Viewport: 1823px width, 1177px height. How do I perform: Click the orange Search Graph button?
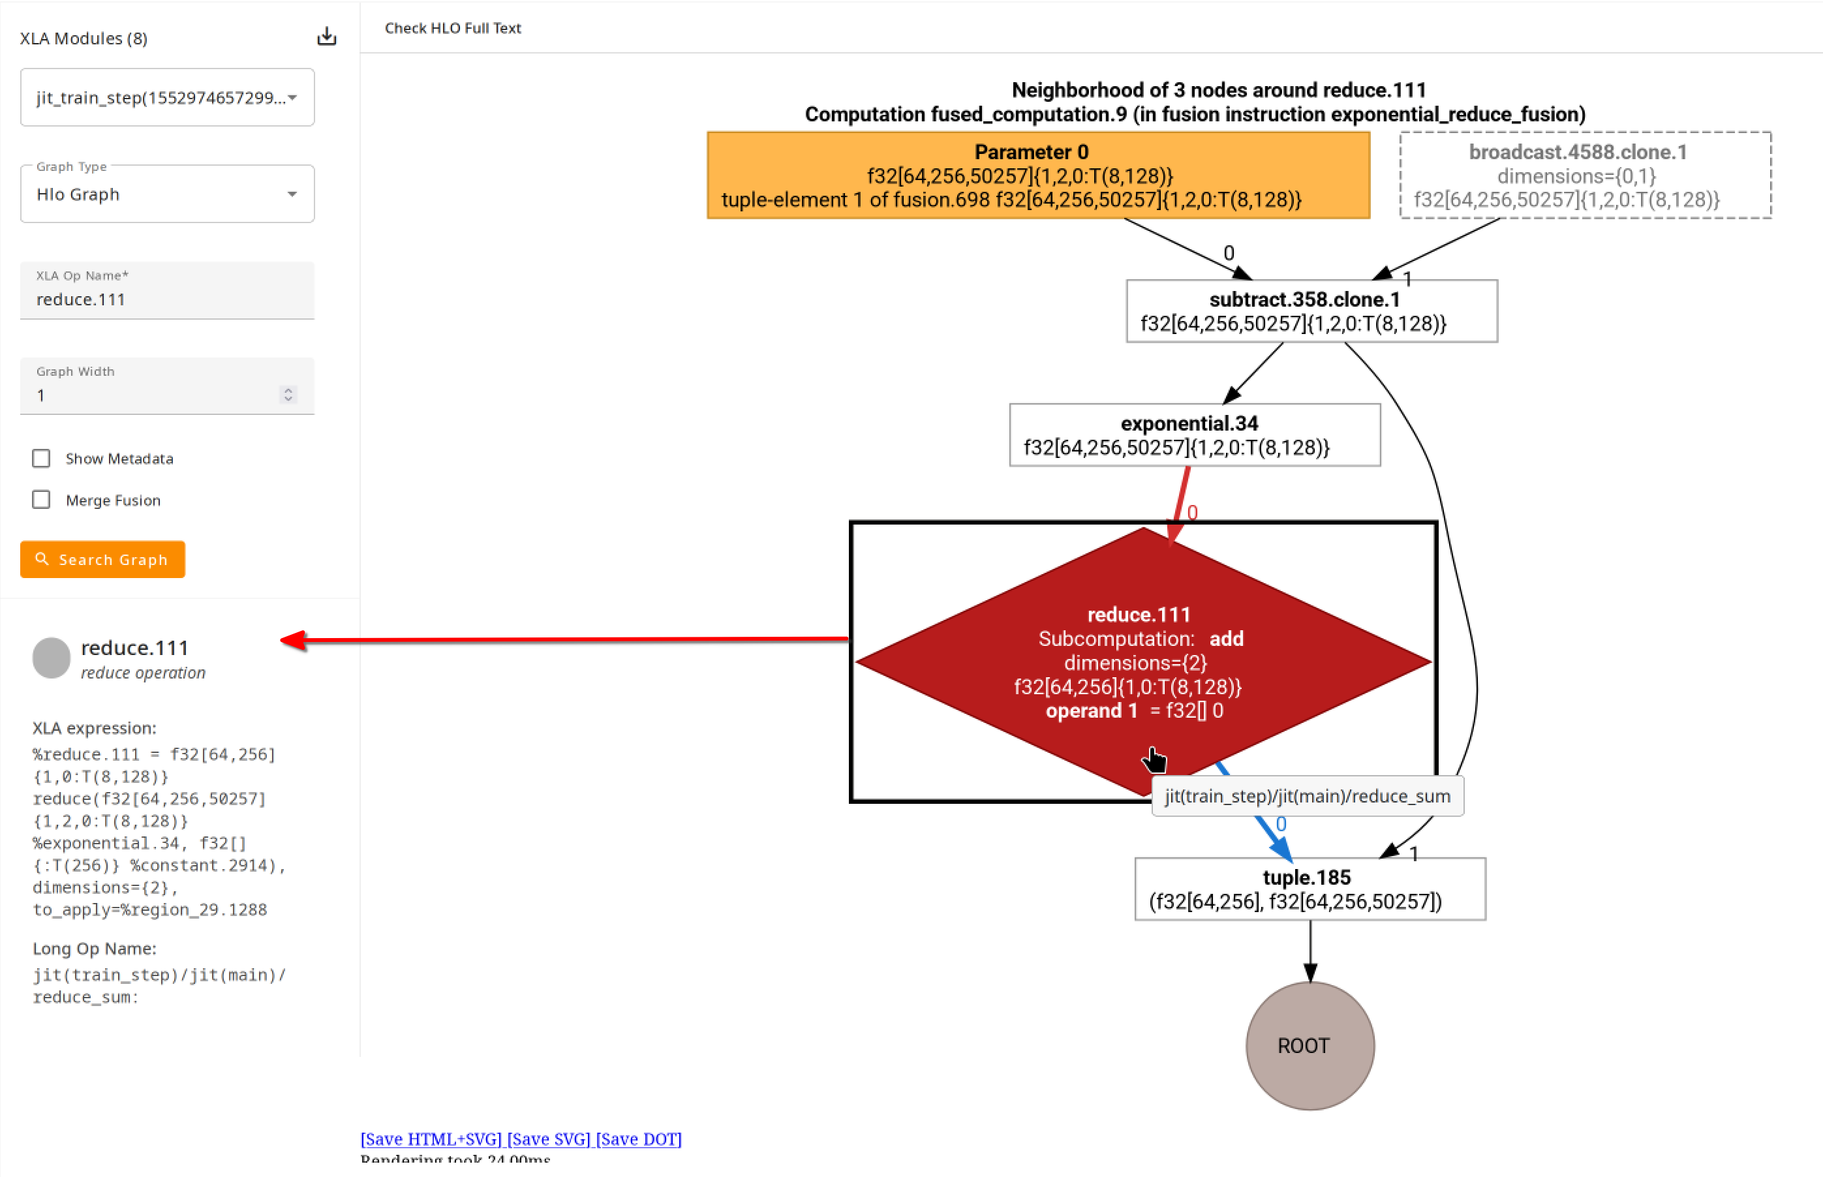(x=102, y=559)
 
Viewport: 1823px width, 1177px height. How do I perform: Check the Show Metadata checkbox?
(x=41, y=459)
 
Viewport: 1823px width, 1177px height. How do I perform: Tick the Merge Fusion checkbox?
(x=41, y=500)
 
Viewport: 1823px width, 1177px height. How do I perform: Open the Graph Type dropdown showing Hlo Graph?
(x=166, y=194)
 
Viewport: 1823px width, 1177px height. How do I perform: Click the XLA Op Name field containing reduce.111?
(x=166, y=299)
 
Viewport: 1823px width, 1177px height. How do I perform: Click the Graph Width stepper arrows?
(x=288, y=394)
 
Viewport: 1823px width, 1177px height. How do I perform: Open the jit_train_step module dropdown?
(x=166, y=98)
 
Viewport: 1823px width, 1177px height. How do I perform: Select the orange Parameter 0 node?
(x=1038, y=176)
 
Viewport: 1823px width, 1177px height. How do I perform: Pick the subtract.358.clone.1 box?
(x=1311, y=312)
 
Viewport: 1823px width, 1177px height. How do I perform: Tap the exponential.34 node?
(x=1194, y=435)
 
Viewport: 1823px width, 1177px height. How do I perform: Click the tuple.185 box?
(x=1310, y=889)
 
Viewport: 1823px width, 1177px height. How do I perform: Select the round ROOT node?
(x=1310, y=1046)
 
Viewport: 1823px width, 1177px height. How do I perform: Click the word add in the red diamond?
(x=1226, y=639)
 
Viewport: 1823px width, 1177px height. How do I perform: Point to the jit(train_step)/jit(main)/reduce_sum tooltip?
(x=1306, y=797)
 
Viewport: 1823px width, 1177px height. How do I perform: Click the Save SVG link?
(x=548, y=1139)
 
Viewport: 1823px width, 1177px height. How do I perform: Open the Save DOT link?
(x=638, y=1139)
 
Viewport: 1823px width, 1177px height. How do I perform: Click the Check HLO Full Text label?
(x=453, y=28)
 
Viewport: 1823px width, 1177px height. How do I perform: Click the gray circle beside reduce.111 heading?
(x=51, y=658)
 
